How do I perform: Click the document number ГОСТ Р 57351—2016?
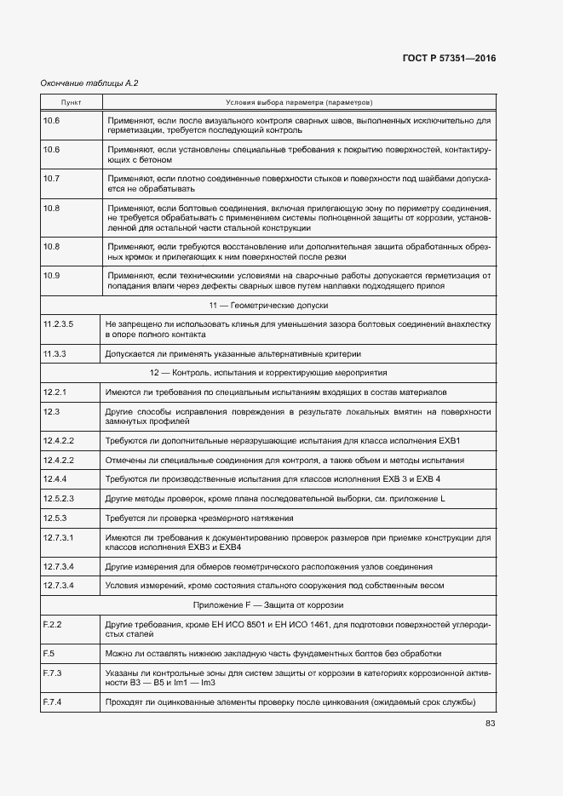[x=448, y=58]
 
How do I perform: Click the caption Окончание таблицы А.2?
[x=89, y=83]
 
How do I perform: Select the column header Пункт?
[x=72, y=102]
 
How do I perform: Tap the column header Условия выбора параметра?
[x=298, y=102]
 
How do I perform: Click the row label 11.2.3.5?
[x=58, y=324]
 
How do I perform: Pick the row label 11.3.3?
[x=55, y=353]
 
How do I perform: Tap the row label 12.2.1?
[x=55, y=392]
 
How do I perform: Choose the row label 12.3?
[x=50, y=411]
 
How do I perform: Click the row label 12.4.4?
[x=55, y=479]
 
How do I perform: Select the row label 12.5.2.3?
[x=58, y=498]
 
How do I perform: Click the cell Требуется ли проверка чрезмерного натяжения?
[x=199, y=518]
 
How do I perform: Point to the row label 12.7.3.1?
[x=58, y=537]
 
